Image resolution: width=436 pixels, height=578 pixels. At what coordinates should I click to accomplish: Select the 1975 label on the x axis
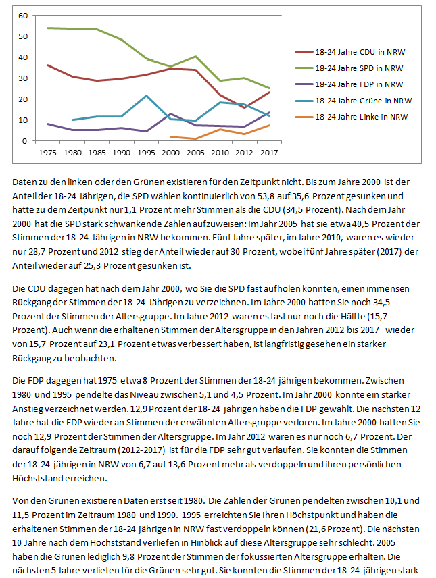[x=47, y=153]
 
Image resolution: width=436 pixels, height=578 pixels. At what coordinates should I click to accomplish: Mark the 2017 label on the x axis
[x=269, y=153]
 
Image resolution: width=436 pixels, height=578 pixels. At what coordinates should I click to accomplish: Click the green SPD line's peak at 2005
[x=196, y=57]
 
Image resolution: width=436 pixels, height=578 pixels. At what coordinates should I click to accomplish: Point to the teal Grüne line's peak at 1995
[x=146, y=96]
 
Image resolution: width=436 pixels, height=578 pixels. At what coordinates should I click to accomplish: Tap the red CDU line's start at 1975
[x=47, y=65]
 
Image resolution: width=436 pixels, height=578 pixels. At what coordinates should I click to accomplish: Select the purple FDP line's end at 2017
[x=269, y=113]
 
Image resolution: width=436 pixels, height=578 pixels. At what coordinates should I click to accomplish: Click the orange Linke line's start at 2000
[x=171, y=137]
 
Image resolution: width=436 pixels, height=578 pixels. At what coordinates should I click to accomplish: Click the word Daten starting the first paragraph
[x=25, y=182]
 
